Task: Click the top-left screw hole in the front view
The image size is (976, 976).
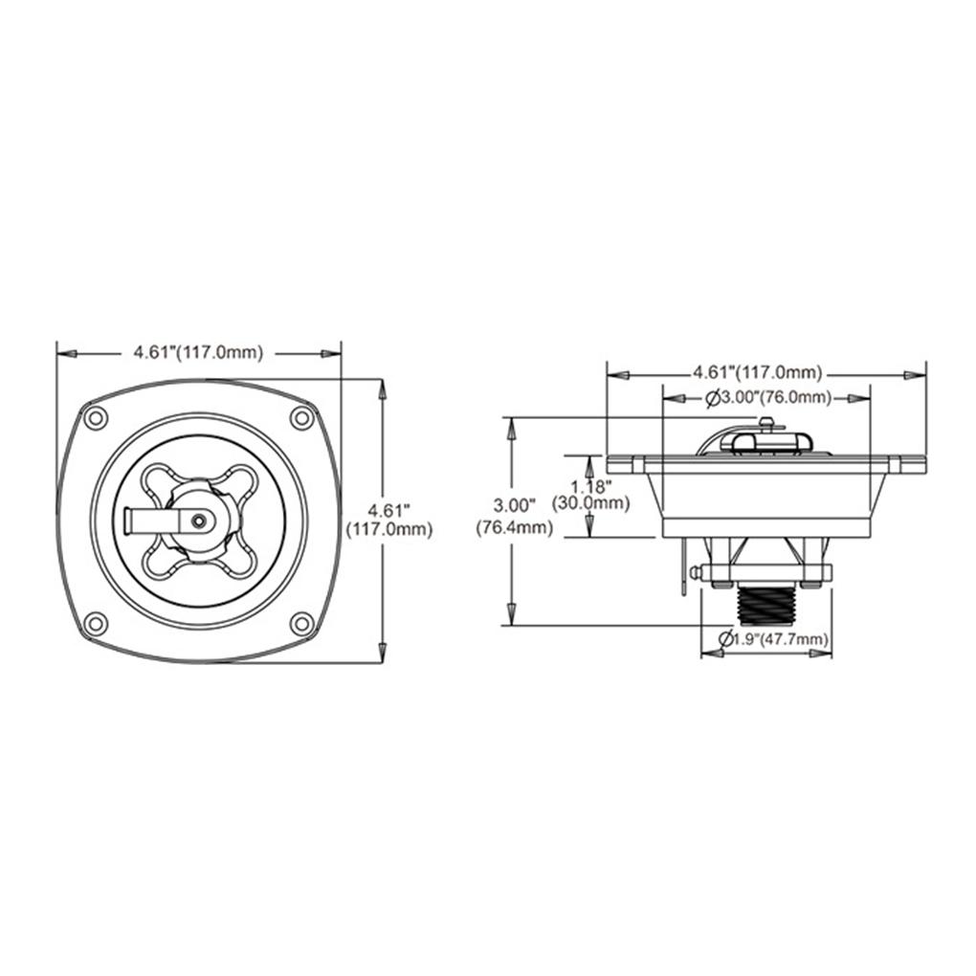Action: [94, 418]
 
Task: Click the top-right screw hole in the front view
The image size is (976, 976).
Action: [301, 417]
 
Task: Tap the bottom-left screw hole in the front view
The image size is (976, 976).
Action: [94, 624]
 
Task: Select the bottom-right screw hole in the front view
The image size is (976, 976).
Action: [301, 624]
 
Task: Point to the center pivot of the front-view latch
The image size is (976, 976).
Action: [197, 520]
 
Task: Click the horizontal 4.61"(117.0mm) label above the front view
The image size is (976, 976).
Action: [198, 352]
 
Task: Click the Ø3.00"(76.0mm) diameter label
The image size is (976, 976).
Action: [768, 398]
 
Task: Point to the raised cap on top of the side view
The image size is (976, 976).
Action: [765, 440]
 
